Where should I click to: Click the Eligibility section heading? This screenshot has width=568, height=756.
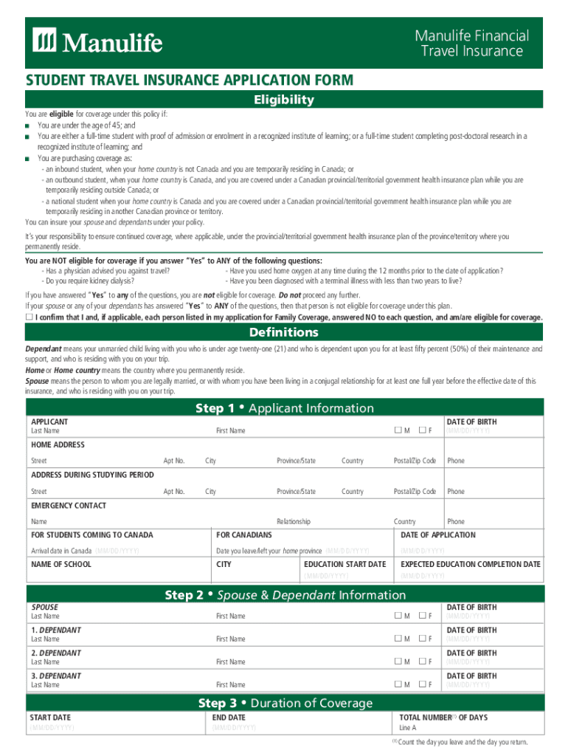click(284, 100)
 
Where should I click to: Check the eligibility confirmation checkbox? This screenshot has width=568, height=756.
click(30, 317)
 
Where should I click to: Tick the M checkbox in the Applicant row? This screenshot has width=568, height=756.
click(398, 430)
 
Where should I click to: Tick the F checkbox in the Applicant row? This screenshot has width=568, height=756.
click(423, 430)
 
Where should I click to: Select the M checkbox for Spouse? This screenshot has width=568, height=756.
click(398, 616)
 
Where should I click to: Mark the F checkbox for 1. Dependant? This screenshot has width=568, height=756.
click(423, 639)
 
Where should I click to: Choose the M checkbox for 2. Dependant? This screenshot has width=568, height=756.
click(398, 661)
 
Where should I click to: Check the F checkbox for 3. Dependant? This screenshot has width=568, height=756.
click(423, 684)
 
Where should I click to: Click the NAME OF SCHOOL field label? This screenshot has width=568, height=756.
click(61, 564)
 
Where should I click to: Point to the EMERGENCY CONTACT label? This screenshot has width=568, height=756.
click(68, 506)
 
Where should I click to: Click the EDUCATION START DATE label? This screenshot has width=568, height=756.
click(345, 564)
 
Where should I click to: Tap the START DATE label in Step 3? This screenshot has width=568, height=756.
click(50, 717)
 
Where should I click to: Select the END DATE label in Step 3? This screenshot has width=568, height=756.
click(229, 717)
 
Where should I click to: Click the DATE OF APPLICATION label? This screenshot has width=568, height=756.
click(437, 535)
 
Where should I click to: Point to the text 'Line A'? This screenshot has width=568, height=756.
click(408, 727)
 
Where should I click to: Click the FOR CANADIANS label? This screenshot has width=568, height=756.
click(244, 535)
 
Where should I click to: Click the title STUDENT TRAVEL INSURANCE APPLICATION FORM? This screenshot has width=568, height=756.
click(190, 80)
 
